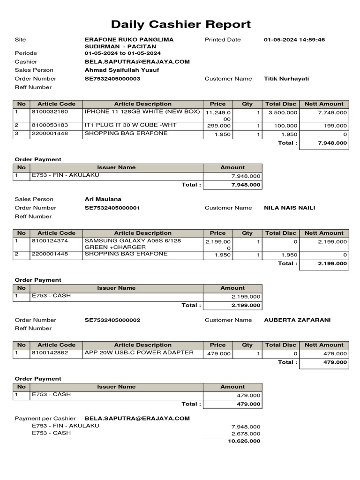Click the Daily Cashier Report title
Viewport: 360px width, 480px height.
pos(180,24)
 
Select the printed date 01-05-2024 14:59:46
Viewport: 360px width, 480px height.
pos(294,40)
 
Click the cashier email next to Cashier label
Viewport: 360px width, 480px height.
pos(137,61)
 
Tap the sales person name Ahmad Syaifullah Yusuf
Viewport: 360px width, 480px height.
pos(121,70)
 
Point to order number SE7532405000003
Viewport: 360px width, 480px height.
pos(112,79)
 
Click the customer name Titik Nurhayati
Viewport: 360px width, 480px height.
pos(286,79)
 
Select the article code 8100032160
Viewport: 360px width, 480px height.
pos(50,112)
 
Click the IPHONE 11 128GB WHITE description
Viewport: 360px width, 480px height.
pos(142,112)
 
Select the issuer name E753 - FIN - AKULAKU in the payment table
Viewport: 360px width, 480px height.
pos(65,175)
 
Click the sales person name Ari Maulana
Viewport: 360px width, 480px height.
pos(103,199)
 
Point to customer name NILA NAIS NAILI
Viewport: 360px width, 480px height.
pos(289,208)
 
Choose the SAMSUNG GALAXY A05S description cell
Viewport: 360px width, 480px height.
pos(132,244)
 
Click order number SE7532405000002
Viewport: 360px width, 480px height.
pos(112,320)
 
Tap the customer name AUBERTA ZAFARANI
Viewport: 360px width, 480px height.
pos(297,320)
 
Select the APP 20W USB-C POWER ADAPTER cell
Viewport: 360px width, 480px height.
pos(139,352)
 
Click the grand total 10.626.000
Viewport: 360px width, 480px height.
pos(244,442)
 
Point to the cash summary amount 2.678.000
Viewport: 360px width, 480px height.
pos(246,434)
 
